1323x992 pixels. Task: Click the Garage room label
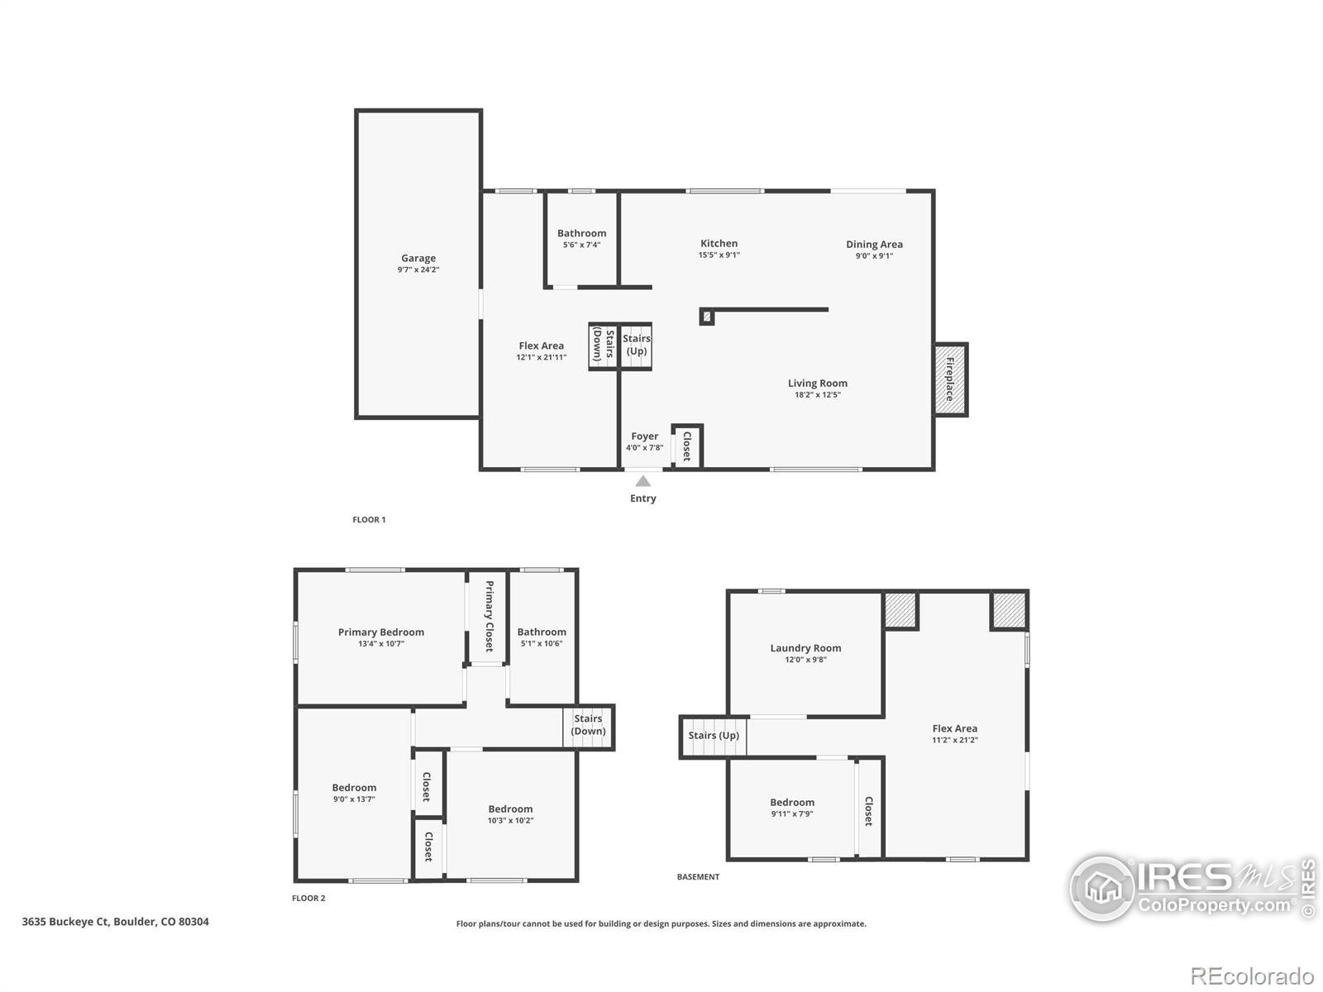coord(418,258)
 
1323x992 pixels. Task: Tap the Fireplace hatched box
coord(950,379)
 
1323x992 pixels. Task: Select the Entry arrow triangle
coord(642,481)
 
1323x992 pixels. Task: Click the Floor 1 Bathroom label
coord(581,233)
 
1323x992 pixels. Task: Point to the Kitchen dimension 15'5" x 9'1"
coord(719,255)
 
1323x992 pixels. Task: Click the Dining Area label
coord(874,244)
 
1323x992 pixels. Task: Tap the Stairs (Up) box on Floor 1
coord(636,346)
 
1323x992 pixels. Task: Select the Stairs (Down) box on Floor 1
coord(604,346)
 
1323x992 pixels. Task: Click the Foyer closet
coord(687,446)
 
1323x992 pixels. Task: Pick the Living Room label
coord(817,383)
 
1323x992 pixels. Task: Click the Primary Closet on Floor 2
coord(488,616)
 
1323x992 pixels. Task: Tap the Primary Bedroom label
coord(380,632)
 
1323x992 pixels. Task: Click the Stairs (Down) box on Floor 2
coord(588,726)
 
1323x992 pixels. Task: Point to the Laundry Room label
coord(805,648)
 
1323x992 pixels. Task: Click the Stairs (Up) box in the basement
coord(714,736)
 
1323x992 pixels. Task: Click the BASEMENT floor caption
coord(698,877)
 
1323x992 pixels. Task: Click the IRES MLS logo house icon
coord(1101,889)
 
